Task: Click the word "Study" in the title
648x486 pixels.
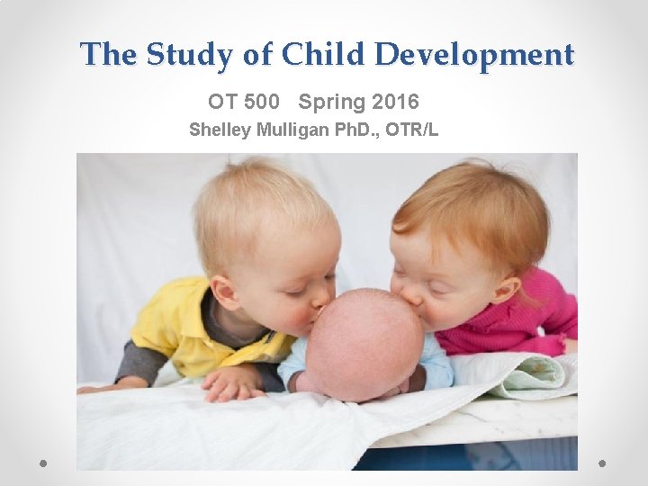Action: [x=188, y=55]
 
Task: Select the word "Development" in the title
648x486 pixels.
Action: [x=473, y=55]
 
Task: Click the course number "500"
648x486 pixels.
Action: [x=260, y=102]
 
